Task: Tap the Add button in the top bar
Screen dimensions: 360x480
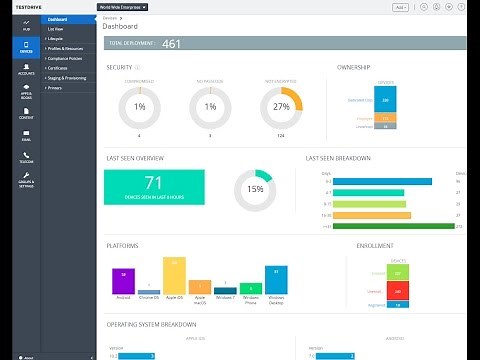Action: (400, 6)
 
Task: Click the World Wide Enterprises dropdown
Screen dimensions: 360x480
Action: (122, 6)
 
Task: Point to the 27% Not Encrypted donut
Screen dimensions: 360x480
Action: (281, 107)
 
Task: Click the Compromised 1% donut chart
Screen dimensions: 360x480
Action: (139, 107)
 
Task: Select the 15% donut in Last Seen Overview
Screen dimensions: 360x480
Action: (255, 189)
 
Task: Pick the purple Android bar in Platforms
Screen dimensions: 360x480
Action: (124, 280)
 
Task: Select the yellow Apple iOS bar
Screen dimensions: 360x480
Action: (175, 276)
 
